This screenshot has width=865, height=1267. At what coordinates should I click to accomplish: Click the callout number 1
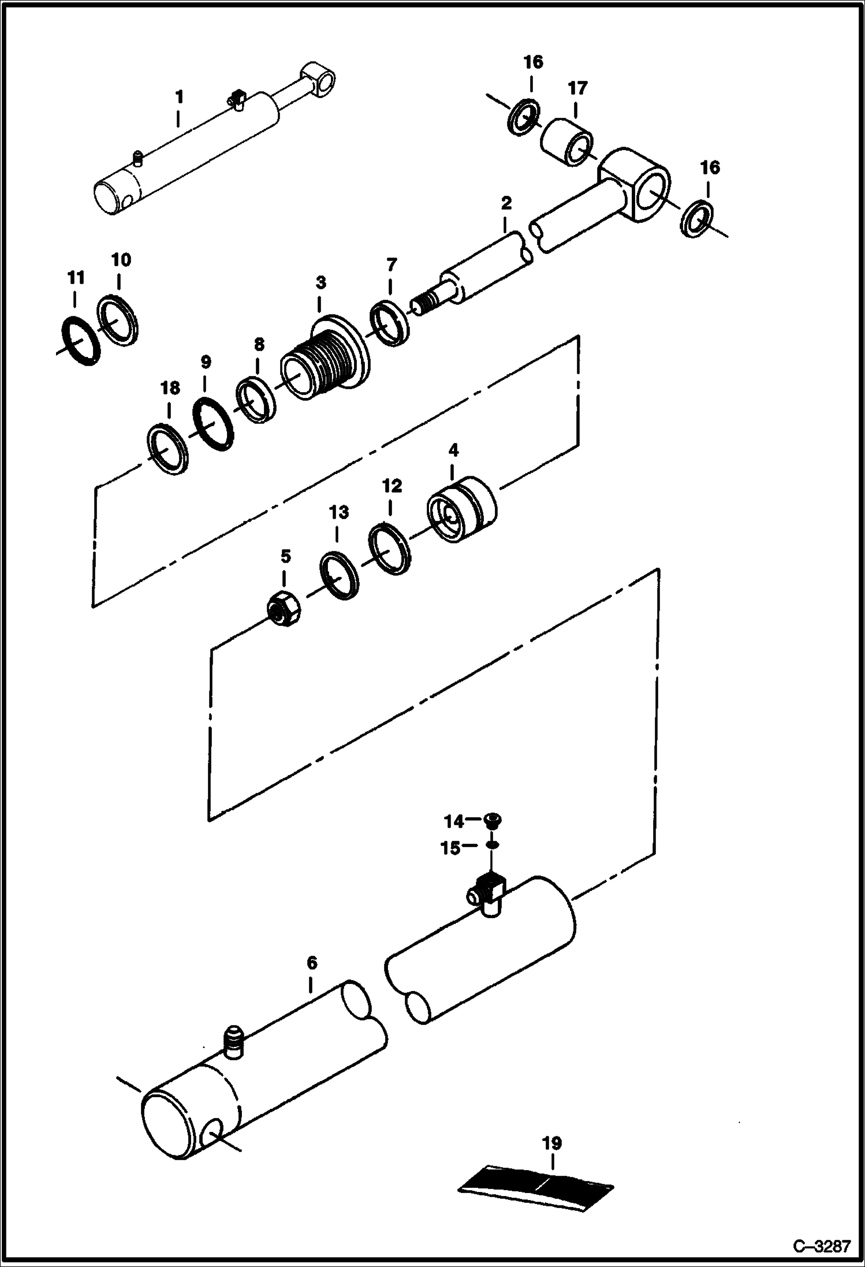[179, 96]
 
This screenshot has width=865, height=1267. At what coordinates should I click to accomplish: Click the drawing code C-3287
[822, 1245]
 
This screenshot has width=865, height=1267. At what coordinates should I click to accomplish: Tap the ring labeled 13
[340, 575]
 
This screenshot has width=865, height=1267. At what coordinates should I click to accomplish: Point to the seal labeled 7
[390, 323]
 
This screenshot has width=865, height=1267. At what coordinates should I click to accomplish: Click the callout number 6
[312, 963]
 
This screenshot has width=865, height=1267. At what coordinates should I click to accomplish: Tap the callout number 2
[506, 203]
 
